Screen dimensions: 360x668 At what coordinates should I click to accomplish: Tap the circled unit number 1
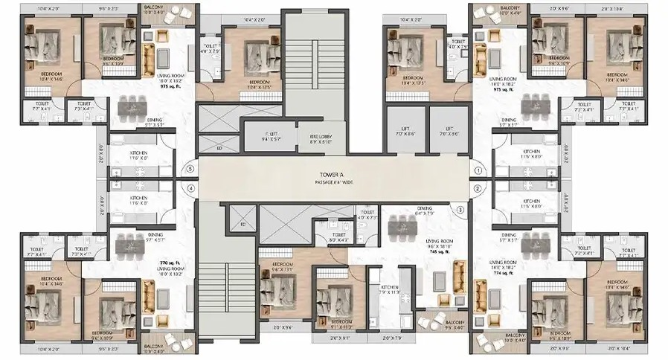coord(478,170)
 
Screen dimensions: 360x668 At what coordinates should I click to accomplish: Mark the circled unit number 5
coord(191,170)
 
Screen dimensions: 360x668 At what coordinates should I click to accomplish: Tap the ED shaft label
coord(219,148)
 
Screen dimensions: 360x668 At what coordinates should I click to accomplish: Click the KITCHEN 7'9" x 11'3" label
coord(391,291)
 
